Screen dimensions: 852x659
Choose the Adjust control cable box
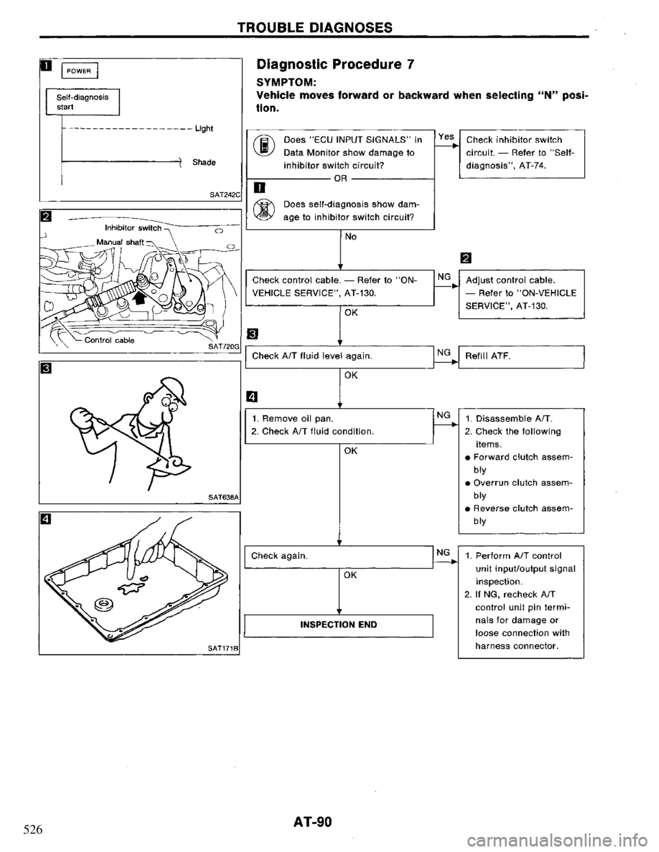pyautogui.click(x=520, y=291)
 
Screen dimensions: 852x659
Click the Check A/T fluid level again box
pyautogui.click(x=338, y=356)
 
